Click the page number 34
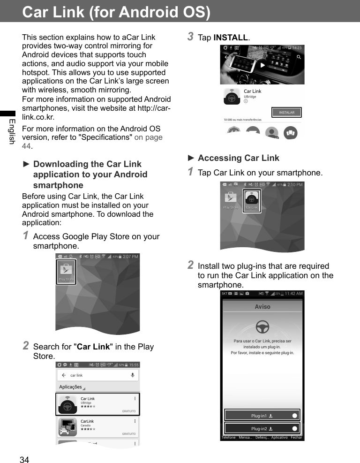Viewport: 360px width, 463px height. click(24, 460)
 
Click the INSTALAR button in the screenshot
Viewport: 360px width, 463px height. click(286, 113)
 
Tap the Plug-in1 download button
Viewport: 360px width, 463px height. click(262, 416)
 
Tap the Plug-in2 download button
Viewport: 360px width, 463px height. click(262, 428)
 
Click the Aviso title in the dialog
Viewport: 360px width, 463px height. click(262, 306)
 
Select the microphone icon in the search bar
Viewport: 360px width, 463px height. click(133, 375)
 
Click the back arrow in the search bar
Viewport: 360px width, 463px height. click(64, 375)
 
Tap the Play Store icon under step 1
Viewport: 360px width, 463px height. click(66, 272)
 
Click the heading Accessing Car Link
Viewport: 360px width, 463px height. click(238, 158)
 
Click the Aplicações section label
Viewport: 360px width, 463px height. click(71, 387)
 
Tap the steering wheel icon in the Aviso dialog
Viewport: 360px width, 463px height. click(262, 327)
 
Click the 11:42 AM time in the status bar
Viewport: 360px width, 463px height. click(293, 294)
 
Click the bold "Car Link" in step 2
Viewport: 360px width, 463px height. click(93, 347)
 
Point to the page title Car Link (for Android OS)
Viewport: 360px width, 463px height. click(116, 12)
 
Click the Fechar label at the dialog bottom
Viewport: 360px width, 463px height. click(296, 438)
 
